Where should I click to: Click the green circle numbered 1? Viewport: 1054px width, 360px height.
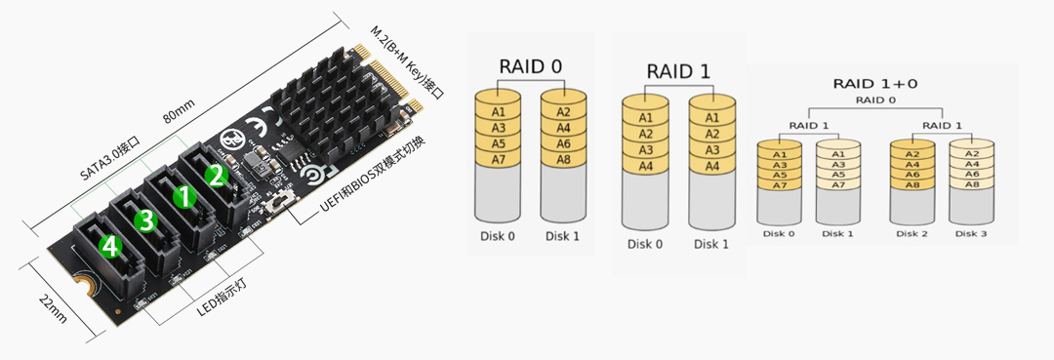point(182,196)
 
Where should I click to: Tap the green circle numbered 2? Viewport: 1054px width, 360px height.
point(217,175)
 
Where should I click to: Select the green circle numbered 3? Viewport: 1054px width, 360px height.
point(146,221)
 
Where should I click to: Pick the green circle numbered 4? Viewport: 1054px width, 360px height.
point(109,249)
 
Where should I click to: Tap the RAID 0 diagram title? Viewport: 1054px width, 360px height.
point(530,66)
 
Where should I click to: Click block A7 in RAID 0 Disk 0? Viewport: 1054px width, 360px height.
point(497,159)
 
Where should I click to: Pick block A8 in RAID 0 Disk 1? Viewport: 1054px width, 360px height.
point(563,159)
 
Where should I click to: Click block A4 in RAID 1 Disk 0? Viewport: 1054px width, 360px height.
point(645,167)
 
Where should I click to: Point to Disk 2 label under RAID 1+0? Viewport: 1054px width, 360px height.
point(912,234)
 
